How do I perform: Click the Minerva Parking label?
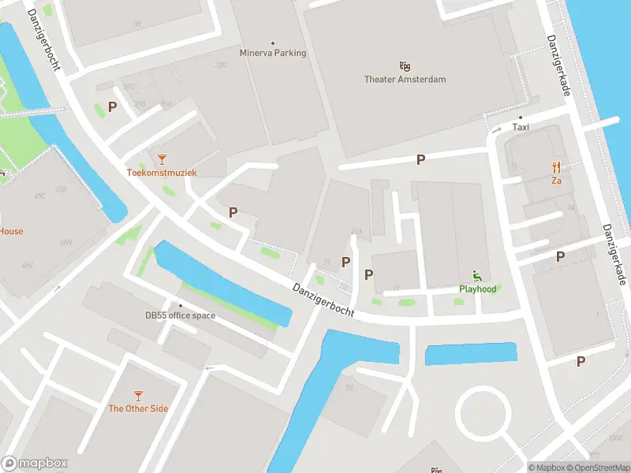(273, 54)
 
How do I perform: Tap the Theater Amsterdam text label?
(405, 79)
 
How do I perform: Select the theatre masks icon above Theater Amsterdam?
(405, 65)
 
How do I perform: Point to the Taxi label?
(521, 127)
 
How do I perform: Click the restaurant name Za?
(556, 180)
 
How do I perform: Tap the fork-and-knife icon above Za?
(556, 166)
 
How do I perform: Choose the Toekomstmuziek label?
(162, 172)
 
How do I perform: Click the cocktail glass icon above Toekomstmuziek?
(162, 158)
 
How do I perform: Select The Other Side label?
(138, 408)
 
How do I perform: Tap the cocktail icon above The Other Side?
(138, 395)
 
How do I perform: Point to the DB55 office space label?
(180, 315)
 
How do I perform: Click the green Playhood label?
(478, 289)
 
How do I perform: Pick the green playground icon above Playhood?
(477, 275)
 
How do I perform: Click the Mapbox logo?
(35, 464)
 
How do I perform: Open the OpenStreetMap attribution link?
(597, 467)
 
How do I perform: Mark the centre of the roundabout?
(484, 412)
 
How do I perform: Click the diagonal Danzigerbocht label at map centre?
(322, 300)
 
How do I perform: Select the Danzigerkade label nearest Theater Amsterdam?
(558, 67)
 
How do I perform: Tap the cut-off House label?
(11, 231)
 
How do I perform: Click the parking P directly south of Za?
(561, 256)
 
